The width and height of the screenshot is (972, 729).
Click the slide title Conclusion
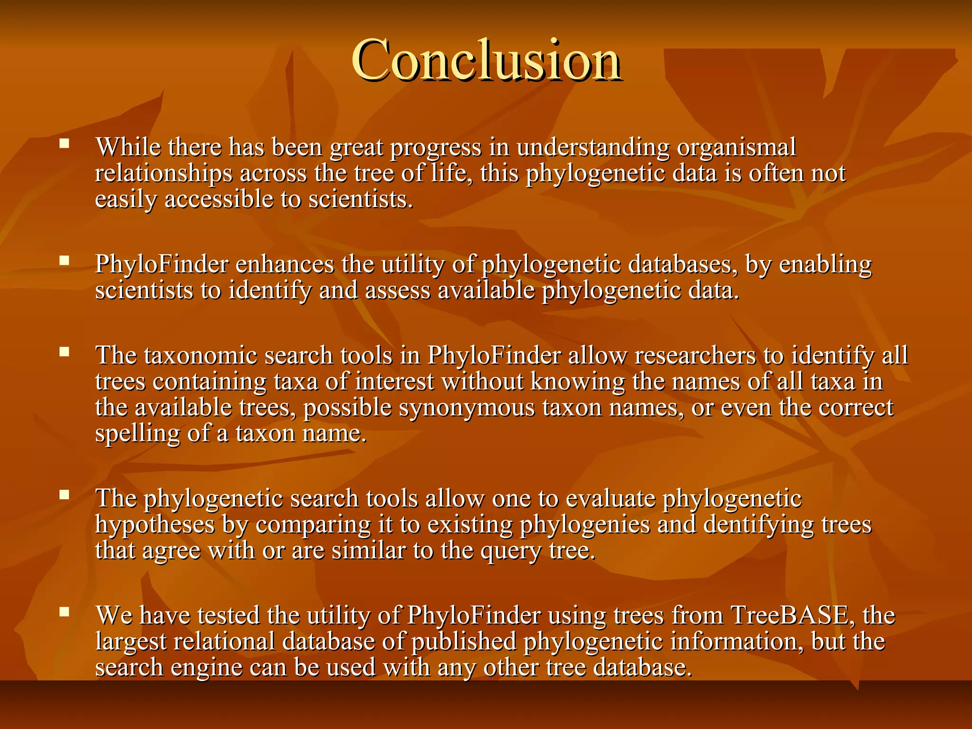[x=486, y=61]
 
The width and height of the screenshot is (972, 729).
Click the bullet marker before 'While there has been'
[x=65, y=143]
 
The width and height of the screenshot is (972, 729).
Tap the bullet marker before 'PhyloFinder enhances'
[x=65, y=260]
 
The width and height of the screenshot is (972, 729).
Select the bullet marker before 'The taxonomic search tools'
[x=65, y=351]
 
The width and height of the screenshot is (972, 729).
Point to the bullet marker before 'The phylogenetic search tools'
[x=65, y=495]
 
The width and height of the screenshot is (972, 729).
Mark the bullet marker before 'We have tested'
[x=65, y=611]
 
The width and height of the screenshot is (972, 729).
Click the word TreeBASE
[x=789, y=616]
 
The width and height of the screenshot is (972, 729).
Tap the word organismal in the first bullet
[x=736, y=148]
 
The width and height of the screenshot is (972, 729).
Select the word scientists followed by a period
[x=361, y=199]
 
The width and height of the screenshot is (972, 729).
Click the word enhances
[x=285, y=264]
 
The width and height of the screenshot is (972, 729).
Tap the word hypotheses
[x=155, y=525]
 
